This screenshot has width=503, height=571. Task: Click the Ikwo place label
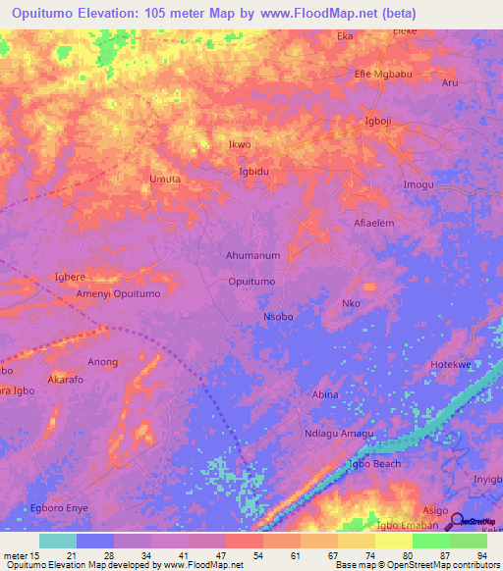[x=240, y=145]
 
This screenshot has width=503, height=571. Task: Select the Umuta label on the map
[x=164, y=179]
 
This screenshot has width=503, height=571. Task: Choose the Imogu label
[x=418, y=185]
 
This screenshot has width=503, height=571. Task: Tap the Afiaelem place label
[x=373, y=223]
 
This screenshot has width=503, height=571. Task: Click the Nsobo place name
[x=278, y=317]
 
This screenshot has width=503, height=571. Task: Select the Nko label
[x=351, y=303]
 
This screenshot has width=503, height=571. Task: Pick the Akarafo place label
[x=68, y=378]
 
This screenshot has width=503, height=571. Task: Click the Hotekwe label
[x=453, y=364]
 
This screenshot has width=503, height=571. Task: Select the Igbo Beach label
[x=373, y=463]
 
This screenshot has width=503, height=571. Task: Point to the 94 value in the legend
[x=480, y=555]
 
